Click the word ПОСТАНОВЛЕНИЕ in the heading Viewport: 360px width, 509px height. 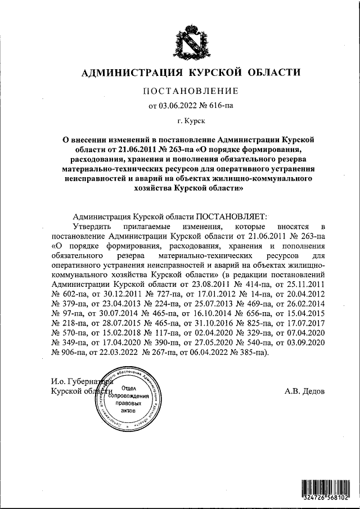tap(191, 91)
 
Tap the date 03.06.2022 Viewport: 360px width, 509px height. tap(178, 105)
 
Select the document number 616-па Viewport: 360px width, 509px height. tap(220, 105)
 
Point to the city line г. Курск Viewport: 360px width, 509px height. tap(191, 120)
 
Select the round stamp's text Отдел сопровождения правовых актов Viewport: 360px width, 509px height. tap(130, 400)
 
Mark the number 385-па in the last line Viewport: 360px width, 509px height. tap(251, 352)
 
